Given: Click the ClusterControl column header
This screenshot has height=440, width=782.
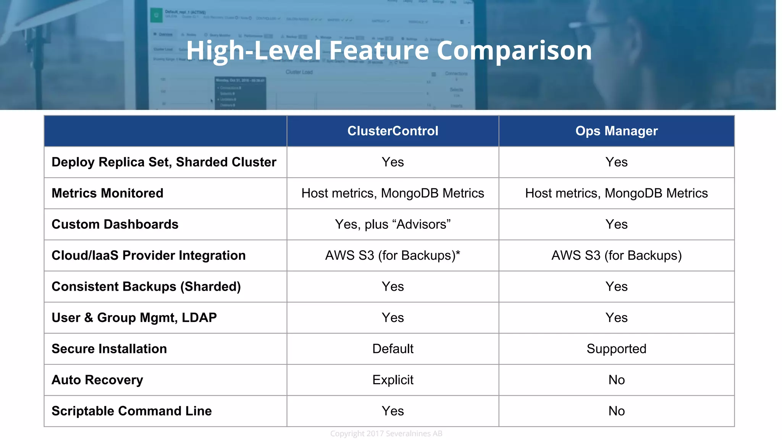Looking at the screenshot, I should [393, 131].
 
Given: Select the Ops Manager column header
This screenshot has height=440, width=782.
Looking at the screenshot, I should [616, 131].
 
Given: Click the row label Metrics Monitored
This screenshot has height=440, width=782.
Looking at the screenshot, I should [107, 193].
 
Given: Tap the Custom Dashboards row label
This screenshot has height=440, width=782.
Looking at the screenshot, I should [115, 224].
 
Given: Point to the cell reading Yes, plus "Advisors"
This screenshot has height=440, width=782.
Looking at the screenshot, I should [393, 224].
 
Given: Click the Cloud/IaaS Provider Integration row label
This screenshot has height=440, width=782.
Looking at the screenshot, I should [149, 256].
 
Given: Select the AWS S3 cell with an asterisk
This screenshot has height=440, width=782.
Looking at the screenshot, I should [393, 256].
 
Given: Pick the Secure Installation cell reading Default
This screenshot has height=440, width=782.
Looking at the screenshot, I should [393, 349].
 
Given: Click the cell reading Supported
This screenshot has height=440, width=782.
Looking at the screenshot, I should [616, 349].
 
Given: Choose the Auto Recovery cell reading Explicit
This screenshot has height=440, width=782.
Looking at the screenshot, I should [393, 380].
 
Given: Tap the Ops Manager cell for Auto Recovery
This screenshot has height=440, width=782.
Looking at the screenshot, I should [616, 380].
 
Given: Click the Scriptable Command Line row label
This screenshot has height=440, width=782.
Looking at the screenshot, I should [131, 411].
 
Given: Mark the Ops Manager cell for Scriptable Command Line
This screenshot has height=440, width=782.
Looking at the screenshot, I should [616, 411].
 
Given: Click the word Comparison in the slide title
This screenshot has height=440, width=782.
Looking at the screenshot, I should [514, 51].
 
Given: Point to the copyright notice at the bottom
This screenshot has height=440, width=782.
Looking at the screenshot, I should [386, 434].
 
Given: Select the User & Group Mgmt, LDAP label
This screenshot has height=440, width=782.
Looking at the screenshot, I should [134, 318].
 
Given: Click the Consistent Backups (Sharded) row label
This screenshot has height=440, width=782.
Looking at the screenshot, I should [146, 286].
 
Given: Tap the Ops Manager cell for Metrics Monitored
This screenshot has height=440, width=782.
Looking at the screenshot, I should [616, 193].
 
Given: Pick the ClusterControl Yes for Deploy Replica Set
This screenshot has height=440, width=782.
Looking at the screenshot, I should [393, 162].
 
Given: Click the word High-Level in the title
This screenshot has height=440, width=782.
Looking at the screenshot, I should [254, 51].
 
